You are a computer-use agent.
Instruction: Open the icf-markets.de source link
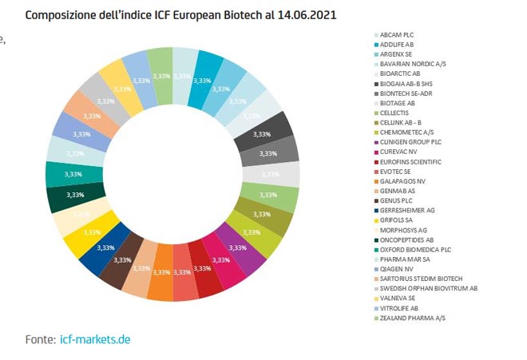pos(95,339)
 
